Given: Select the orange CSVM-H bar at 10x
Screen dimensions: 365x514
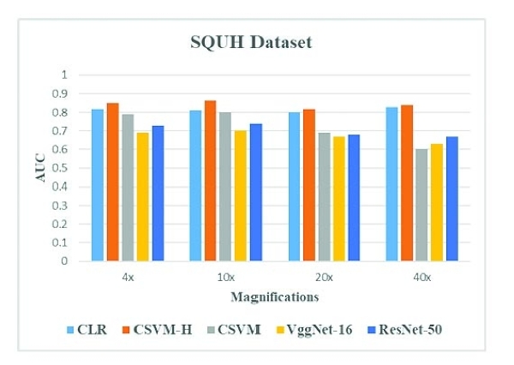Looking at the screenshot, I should [x=211, y=181].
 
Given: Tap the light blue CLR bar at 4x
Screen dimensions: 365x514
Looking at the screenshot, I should [x=98, y=185].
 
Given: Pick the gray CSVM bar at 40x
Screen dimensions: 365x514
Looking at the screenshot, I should [x=421, y=205].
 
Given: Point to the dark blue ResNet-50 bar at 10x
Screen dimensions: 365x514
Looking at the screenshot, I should [x=256, y=192].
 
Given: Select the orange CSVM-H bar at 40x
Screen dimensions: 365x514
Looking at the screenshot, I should [x=406, y=182].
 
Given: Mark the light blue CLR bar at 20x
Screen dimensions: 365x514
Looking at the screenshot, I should [x=294, y=187].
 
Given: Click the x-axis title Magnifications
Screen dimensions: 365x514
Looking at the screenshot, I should [x=274, y=297].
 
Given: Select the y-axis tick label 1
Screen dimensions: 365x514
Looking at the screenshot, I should [x=63, y=75].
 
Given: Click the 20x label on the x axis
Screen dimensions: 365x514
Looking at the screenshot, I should [x=323, y=278].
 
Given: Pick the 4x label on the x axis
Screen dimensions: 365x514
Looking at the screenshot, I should [x=127, y=278].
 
